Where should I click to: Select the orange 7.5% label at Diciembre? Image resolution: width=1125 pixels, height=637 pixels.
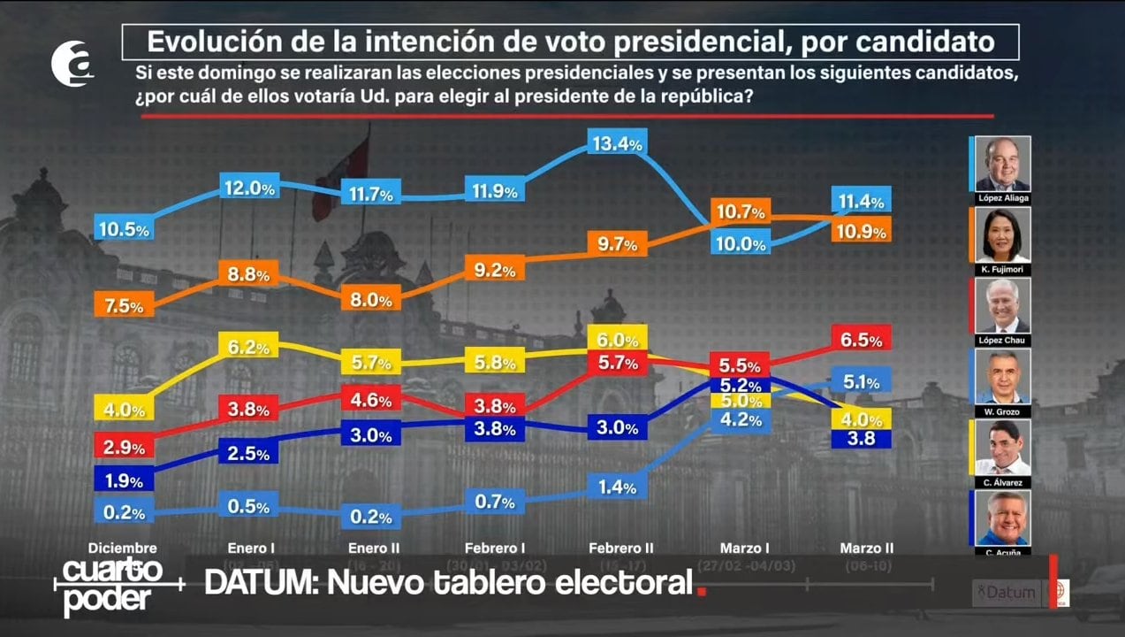pos(125,306)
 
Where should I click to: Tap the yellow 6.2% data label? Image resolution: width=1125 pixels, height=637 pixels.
pos(249,348)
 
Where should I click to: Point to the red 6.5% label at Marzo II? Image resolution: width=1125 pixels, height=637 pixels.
pos(862,339)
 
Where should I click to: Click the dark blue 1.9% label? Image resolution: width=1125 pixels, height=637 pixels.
pos(125,481)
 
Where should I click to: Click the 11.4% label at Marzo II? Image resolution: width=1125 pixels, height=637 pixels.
pos(862,201)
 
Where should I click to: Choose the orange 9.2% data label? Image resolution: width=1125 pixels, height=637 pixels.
pos(495,271)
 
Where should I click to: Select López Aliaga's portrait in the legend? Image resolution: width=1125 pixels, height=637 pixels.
pos(1002,165)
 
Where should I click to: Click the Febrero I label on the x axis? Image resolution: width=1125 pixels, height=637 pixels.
pos(495,549)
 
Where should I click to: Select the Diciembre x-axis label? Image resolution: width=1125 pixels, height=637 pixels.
pos(123,549)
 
